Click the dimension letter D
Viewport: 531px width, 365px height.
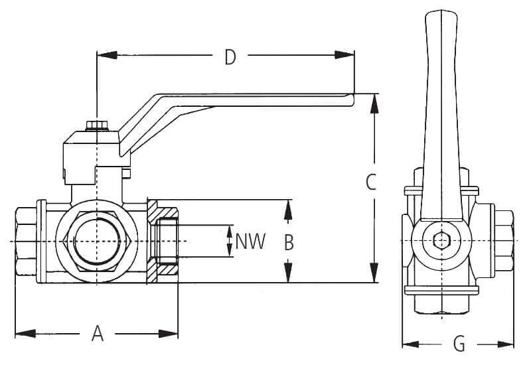coord(230,58)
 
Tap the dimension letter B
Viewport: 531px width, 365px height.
coord(288,242)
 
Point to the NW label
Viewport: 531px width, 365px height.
coord(252,242)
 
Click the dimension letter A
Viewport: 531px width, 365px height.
coord(98,332)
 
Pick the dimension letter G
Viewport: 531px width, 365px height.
coord(459,344)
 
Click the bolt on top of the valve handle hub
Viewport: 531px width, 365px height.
coord(97,125)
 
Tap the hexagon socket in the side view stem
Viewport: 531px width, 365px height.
coord(439,241)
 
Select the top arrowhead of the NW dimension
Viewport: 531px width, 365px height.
coord(230,230)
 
